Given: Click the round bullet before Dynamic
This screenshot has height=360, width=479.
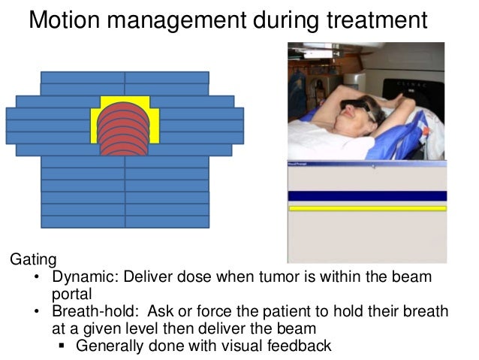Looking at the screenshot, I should (38, 277).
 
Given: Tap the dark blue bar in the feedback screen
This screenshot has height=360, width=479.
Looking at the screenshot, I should (367, 196).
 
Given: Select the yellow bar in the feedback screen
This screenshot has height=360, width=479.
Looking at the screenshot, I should (367, 208).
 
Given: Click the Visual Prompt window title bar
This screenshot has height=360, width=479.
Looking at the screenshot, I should (367, 162).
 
